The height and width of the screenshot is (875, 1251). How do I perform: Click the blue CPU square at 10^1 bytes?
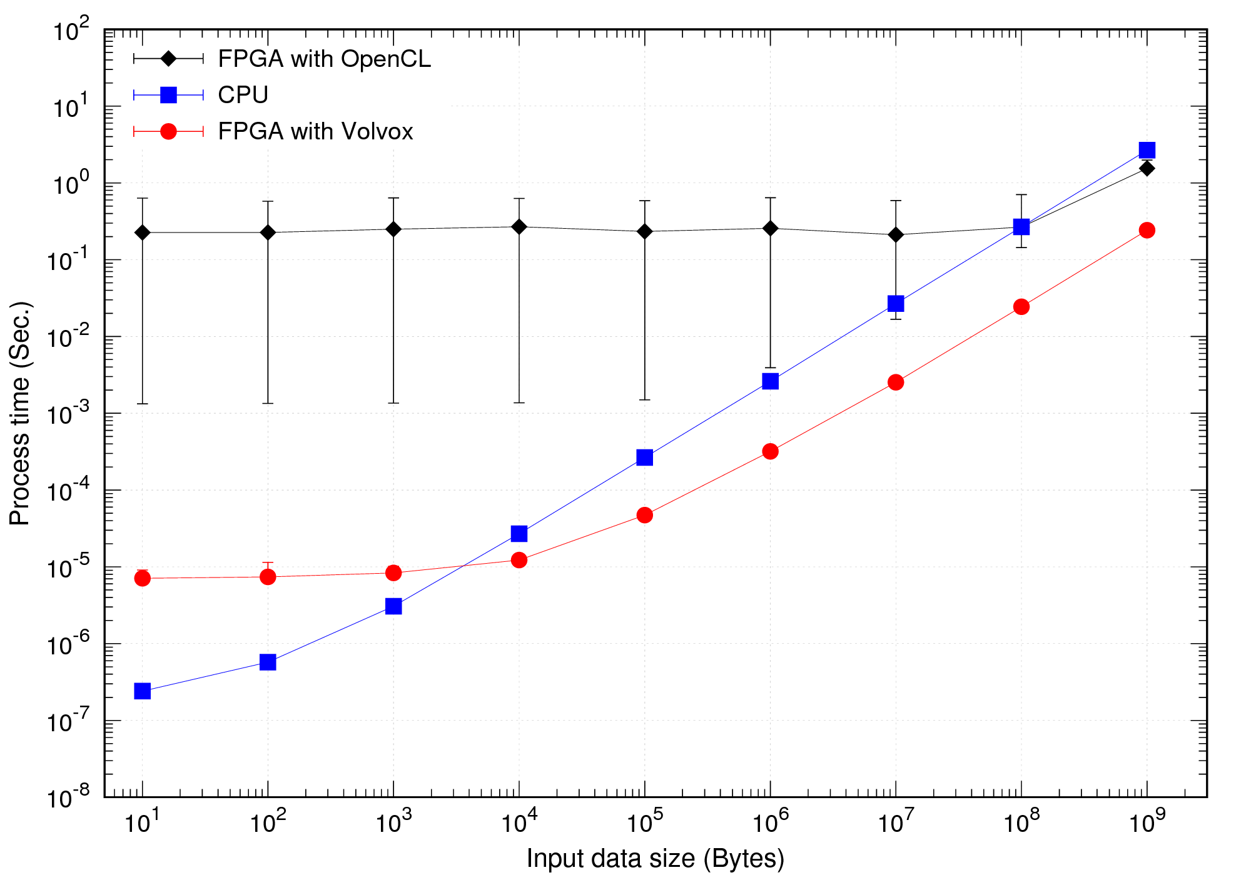pyautogui.click(x=143, y=691)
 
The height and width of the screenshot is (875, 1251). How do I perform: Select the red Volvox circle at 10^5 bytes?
pyautogui.click(x=645, y=515)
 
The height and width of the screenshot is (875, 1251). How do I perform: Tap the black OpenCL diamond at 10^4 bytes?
pyautogui.click(x=519, y=227)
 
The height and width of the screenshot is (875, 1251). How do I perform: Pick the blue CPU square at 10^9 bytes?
pyautogui.click(x=1147, y=150)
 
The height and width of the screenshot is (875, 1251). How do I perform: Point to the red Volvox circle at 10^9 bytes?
pyautogui.click(x=1147, y=230)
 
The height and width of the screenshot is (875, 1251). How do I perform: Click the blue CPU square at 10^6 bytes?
pyautogui.click(x=771, y=381)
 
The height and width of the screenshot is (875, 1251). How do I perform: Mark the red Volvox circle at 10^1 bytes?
pyautogui.click(x=143, y=578)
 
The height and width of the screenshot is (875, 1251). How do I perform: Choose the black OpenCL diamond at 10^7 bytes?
pyautogui.click(x=896, y=235)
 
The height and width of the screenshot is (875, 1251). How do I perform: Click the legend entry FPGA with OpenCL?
pyautogui.click(x=324, y=59)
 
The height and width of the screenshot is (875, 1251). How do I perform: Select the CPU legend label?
pyautogui.click(x=243, y=95)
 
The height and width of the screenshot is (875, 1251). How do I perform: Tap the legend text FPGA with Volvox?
pyautogui.click(x=315, y=131)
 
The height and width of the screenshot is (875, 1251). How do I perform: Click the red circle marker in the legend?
pyautogui.click(x=168, y=131)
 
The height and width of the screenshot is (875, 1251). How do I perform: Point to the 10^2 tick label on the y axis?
pyautogui.click(x=71, y=30)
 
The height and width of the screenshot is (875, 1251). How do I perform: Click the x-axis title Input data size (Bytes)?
pyautogui.click(x=655, y=859)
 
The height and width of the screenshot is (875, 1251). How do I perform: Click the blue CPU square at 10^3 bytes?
pyautogui.click(x=393, y=606)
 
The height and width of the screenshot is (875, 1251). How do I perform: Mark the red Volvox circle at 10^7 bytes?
pyautogui.click(x=896, y=382)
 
